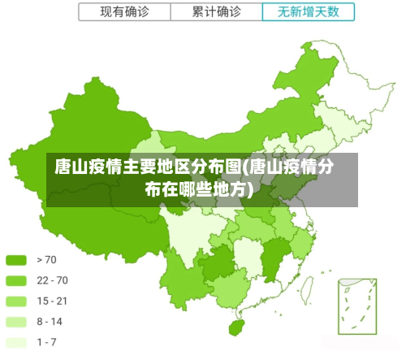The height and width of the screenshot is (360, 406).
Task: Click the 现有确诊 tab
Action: [124, 12]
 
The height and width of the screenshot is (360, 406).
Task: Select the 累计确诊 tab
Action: [216, 12]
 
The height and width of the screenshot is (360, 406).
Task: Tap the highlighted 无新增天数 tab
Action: [309, 12]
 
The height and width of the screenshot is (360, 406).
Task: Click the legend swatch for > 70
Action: [16, 260]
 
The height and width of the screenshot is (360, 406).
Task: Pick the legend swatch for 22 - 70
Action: [16, 280]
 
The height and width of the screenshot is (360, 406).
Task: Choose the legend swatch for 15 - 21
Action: [16, 301]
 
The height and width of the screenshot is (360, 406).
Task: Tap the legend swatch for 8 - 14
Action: [16, 321]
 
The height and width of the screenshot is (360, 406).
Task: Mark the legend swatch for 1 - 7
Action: [16, 341]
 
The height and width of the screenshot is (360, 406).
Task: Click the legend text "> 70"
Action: [46, 260]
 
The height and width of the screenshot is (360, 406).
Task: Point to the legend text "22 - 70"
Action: [52, 280]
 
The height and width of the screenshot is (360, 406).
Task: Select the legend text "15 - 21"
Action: [52, 301]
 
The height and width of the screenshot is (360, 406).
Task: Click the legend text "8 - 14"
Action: [50, 321]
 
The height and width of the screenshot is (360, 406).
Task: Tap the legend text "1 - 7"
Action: [46, 341]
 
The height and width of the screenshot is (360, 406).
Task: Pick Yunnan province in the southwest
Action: [183, 276]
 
